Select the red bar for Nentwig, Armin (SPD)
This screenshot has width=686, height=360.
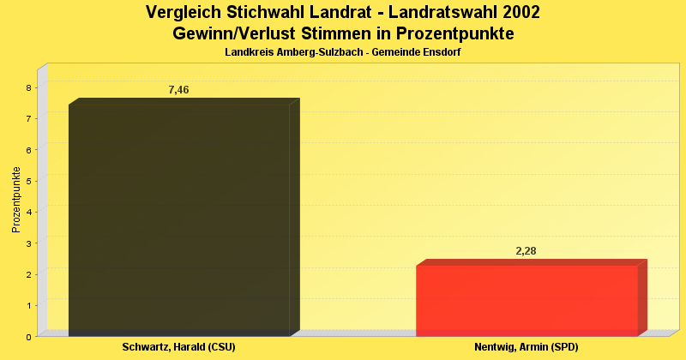click(x=527, y=300)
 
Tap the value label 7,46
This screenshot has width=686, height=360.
click(x=178, y=90)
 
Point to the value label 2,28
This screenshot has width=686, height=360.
click(x=526, y=251)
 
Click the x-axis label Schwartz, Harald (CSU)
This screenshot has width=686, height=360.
click(x=178, y=347)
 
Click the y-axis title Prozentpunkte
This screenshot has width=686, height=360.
click(x=15, y=200)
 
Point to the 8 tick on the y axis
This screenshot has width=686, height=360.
click(x=29, y=87)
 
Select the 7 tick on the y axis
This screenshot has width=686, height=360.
click(x=29, y=118)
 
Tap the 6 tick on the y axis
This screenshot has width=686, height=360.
click(x=29, y=150)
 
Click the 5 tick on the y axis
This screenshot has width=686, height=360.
click(x=29, y=181)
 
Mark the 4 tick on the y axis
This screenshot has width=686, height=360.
click(x=29, y=212)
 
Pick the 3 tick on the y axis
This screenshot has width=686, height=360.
click(x=29, y=243)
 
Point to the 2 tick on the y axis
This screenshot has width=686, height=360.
click(x=29, y=274)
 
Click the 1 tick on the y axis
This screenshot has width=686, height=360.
click(x=29, y=305)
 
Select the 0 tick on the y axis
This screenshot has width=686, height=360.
click(x=29, y=337)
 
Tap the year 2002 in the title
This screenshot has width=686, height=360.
click(x=517, y=13)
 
